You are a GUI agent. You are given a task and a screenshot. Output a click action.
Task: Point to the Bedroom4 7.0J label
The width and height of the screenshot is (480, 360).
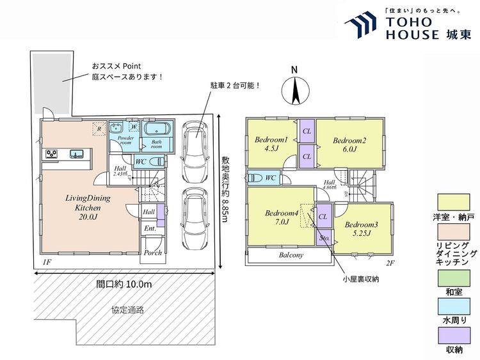(277, 217)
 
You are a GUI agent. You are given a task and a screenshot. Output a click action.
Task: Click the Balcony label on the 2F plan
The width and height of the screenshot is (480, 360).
(290, 254)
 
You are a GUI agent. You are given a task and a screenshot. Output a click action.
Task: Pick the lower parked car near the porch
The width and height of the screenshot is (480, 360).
(196, 219)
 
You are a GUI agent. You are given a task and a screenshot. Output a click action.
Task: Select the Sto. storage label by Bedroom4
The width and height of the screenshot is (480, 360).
(324, 237)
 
